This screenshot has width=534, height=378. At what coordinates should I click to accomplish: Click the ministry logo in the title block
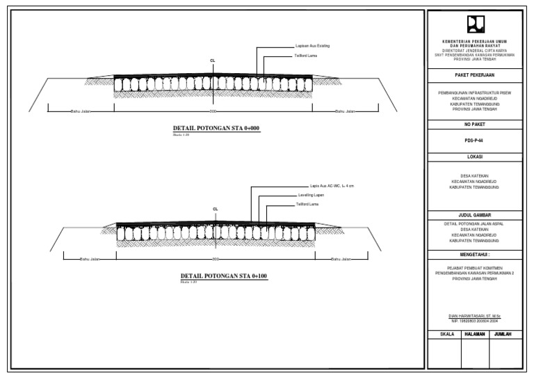[476, 26]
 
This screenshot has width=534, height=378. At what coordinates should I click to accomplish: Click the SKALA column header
[447, 335]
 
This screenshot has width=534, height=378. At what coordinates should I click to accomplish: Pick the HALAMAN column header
[476, 335]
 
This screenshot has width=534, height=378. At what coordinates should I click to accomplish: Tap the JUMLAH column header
[505, 335]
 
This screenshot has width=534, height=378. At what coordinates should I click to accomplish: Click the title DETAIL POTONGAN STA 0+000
[216, 129]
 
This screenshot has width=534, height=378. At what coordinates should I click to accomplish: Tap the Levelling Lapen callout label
[311, 196]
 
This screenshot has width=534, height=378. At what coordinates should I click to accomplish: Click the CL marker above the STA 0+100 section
[216, 209]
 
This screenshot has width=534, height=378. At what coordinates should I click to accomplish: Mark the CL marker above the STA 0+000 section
[212, 61]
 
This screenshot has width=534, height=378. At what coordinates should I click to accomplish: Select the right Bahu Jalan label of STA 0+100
[341, 260]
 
